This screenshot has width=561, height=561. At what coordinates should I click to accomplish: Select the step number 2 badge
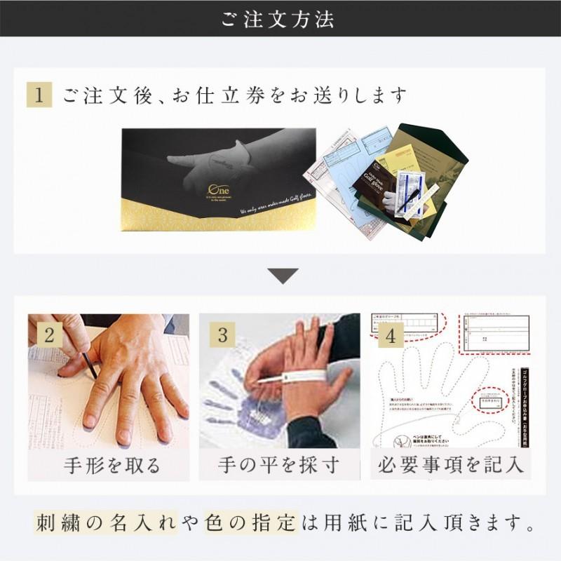pyautogui.click(x=49, y=335)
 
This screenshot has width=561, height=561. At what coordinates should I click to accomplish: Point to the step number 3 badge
pyautogui.click(x=222, y=335)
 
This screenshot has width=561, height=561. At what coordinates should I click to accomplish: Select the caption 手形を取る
pyautogui.click(x=112, y=464)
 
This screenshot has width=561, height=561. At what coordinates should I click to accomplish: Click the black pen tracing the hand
pyautogui.click(x=90, y=365)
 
